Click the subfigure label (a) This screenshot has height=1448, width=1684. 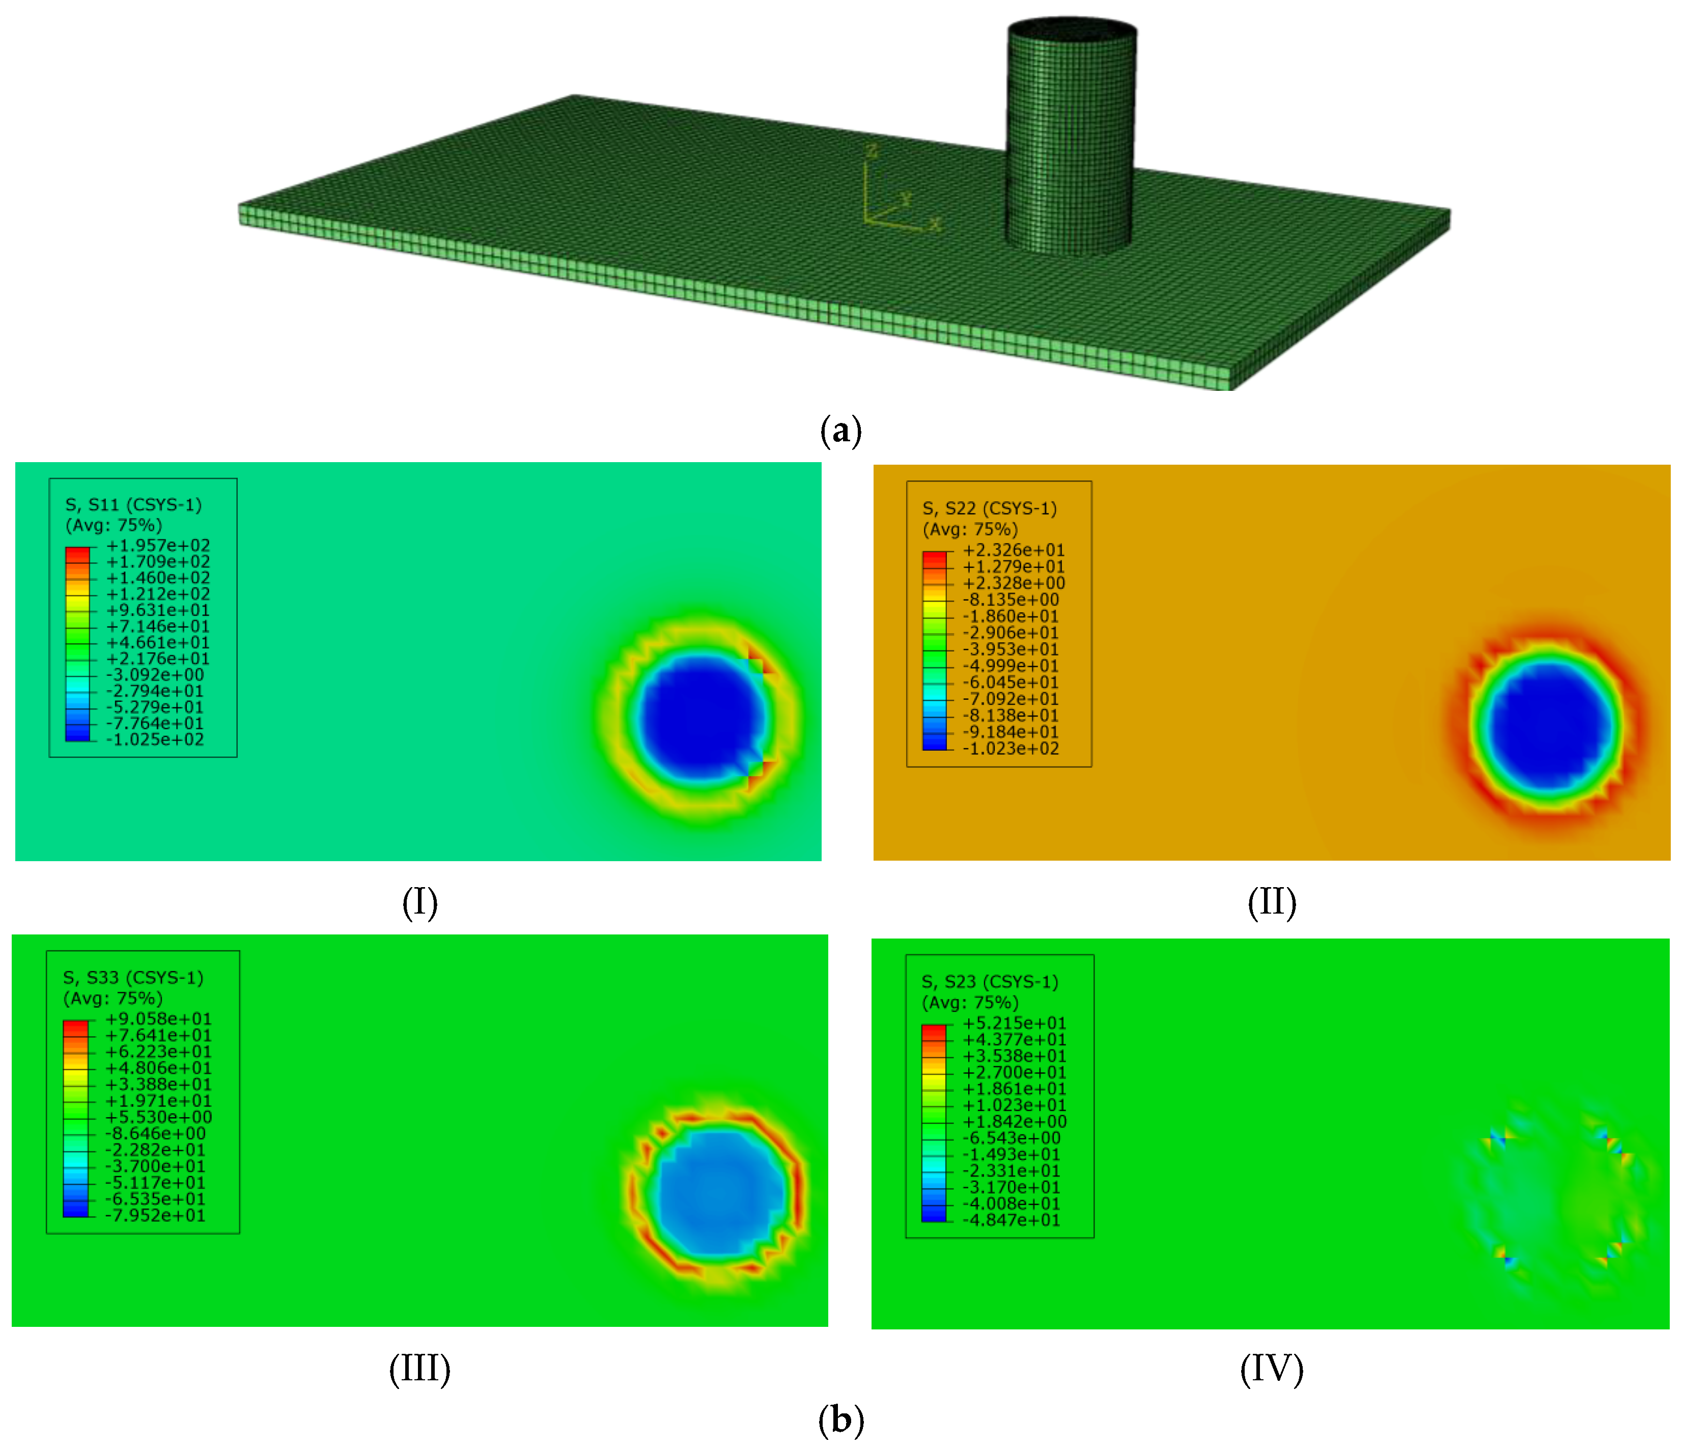coord(840,430)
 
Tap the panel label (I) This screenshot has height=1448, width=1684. coord(419,902)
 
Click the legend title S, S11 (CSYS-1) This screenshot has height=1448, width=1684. coord(133,504)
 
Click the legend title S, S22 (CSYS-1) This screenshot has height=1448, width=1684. coord(989,508)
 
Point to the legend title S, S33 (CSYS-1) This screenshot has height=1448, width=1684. coord(133,978)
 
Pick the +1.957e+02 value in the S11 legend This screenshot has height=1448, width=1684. coord(158,545)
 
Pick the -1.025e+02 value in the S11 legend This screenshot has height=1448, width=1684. coord(154,740)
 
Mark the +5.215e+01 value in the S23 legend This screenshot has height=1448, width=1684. coord(1014,1023)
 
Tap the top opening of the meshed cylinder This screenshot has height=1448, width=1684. coord(1072,29)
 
